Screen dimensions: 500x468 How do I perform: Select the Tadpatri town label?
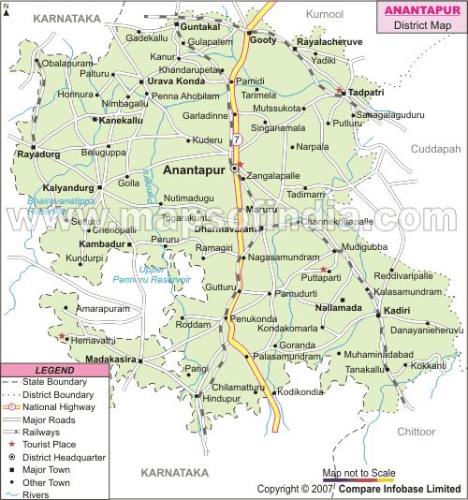(367, 94)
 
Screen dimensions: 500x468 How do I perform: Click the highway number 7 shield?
(238, 140)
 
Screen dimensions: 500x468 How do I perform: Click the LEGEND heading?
(53, 370)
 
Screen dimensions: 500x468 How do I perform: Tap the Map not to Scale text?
(359, 474)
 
